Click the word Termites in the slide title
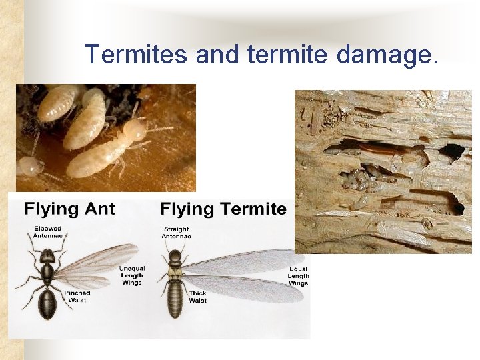pyautogui.click(x=136, y=54)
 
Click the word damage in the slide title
pyautogui.click(x=387, y=54)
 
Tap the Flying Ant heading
pyautogui.click(x=70, y=209)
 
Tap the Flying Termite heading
pyautogui.click(x=223, y=209)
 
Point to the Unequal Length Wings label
pyautogui.click(x=132, y=275)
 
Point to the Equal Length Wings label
pyautogui.click(x=298, y=275)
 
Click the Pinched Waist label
pyautogui.click(x=77, y=297)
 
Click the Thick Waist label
pyautogui.click(x=198, y=297)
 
